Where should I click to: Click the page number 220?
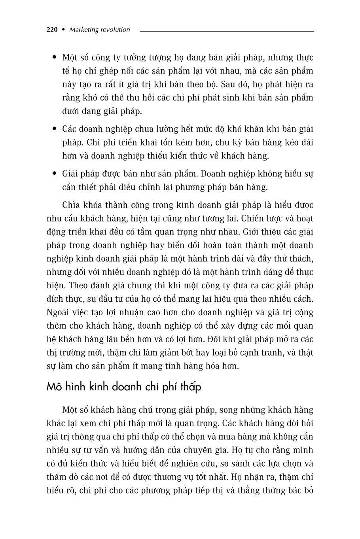pyautogui.click(x=52, y=30)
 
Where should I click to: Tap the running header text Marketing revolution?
pyautogui.click(x=99, y=30)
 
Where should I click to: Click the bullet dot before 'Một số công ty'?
pyautogui.click(x=55, y=58)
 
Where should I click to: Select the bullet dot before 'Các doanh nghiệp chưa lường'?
pyautogui.click(x=55, y=129)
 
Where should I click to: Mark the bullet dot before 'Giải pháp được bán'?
pyautogui.click(x=55, y=174)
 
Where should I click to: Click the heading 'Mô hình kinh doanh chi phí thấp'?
pyautogui.click(x=123, y=386)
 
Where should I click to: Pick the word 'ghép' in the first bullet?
pyautogui.click(x=108, y=71)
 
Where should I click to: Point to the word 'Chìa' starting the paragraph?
pyautogui.click(x=71, y=205)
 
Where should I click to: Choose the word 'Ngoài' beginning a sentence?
pyautogui.click(x=58, y=312)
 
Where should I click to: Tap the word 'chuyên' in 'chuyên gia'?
pyautogui.click(x=220, y=450)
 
